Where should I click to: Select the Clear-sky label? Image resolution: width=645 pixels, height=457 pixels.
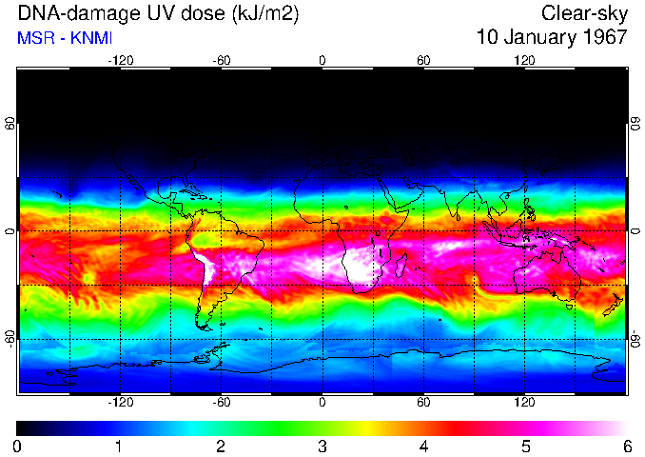(584, 13)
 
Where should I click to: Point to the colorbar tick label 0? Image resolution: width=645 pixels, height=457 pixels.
(18, 446)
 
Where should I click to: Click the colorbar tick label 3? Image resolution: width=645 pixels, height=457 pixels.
(322, 446)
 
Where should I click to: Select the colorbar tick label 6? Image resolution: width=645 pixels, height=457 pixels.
(626, 446)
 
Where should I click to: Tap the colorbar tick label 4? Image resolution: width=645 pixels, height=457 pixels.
(423, 446)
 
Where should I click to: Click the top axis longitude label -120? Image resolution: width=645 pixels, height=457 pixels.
(120, 60)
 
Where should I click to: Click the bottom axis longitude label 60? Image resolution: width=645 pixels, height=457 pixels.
(423, 404)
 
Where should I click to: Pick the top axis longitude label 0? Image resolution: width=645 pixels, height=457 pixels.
(322, 60)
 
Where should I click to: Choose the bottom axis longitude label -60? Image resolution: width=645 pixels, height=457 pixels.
(221, 404)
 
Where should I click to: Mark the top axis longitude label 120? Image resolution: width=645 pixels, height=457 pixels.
(524, 60)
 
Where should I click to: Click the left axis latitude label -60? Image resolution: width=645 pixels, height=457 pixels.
(10, 339)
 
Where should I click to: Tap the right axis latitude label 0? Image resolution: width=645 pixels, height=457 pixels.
(635, 231)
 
